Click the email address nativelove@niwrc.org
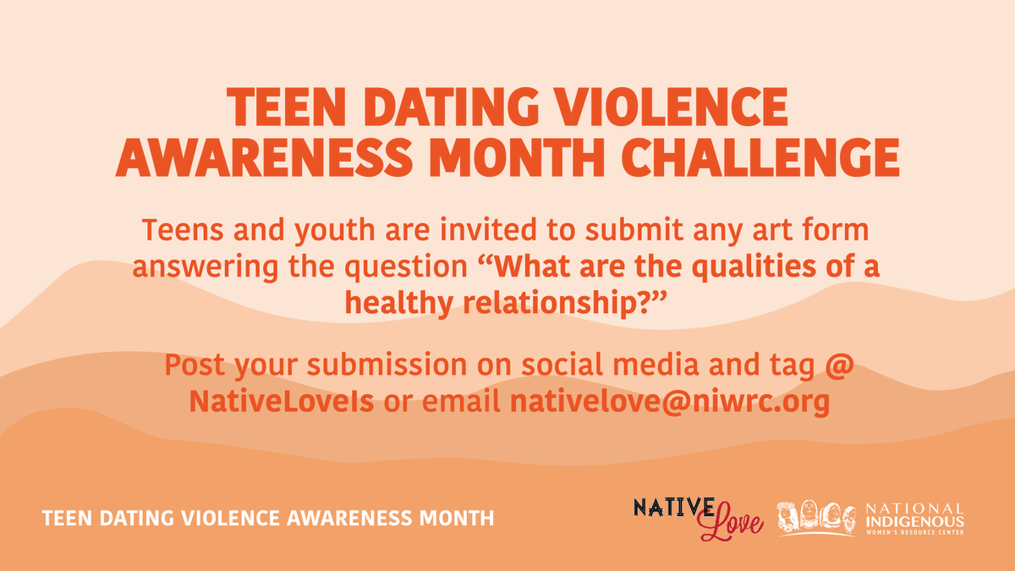pyautogui.click(x=668, y=402)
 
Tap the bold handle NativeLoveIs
pyautogui.click(x=282, y=402)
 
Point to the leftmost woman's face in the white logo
pyautogui.click(x=789, y=516)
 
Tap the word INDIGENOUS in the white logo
pyautogui.click(x=913, y=521)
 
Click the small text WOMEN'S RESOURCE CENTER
pyautogui.click(x=913, y=532)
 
